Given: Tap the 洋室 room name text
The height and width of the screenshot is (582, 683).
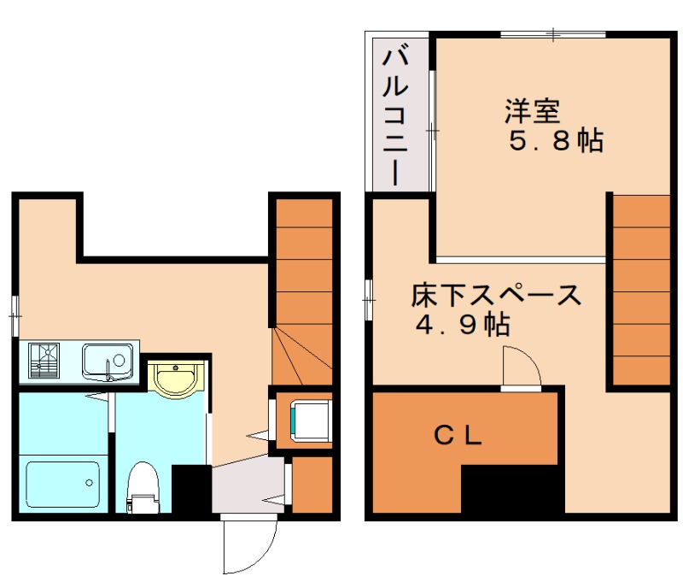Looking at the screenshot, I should [x=531, y=111].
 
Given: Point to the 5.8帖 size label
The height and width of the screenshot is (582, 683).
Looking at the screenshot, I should [x=556, y=141].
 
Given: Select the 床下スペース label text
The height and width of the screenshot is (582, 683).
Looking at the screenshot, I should [x=495, y=296].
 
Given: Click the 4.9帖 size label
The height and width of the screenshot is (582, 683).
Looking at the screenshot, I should [x=462, y=324].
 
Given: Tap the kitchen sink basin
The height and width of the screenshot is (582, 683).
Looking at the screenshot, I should [x=108, y=359].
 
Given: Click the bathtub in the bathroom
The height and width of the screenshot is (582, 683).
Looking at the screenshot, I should [x=61, y=483].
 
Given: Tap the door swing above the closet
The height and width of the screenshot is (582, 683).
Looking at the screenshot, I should [x=520, y=367].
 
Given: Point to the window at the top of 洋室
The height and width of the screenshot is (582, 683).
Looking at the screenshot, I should [x=553, y=34].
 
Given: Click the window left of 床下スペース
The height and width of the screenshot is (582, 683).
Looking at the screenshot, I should [x=368, y=300].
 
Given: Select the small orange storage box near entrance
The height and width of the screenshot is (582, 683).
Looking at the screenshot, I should [x=312, y=485].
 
